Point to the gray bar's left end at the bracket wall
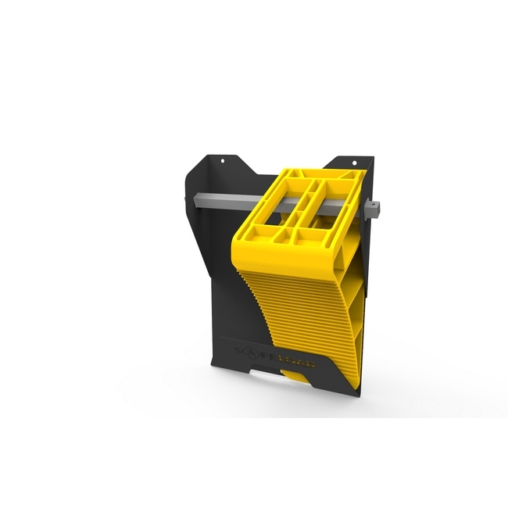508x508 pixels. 188,201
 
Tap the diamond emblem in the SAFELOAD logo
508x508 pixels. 251,352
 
